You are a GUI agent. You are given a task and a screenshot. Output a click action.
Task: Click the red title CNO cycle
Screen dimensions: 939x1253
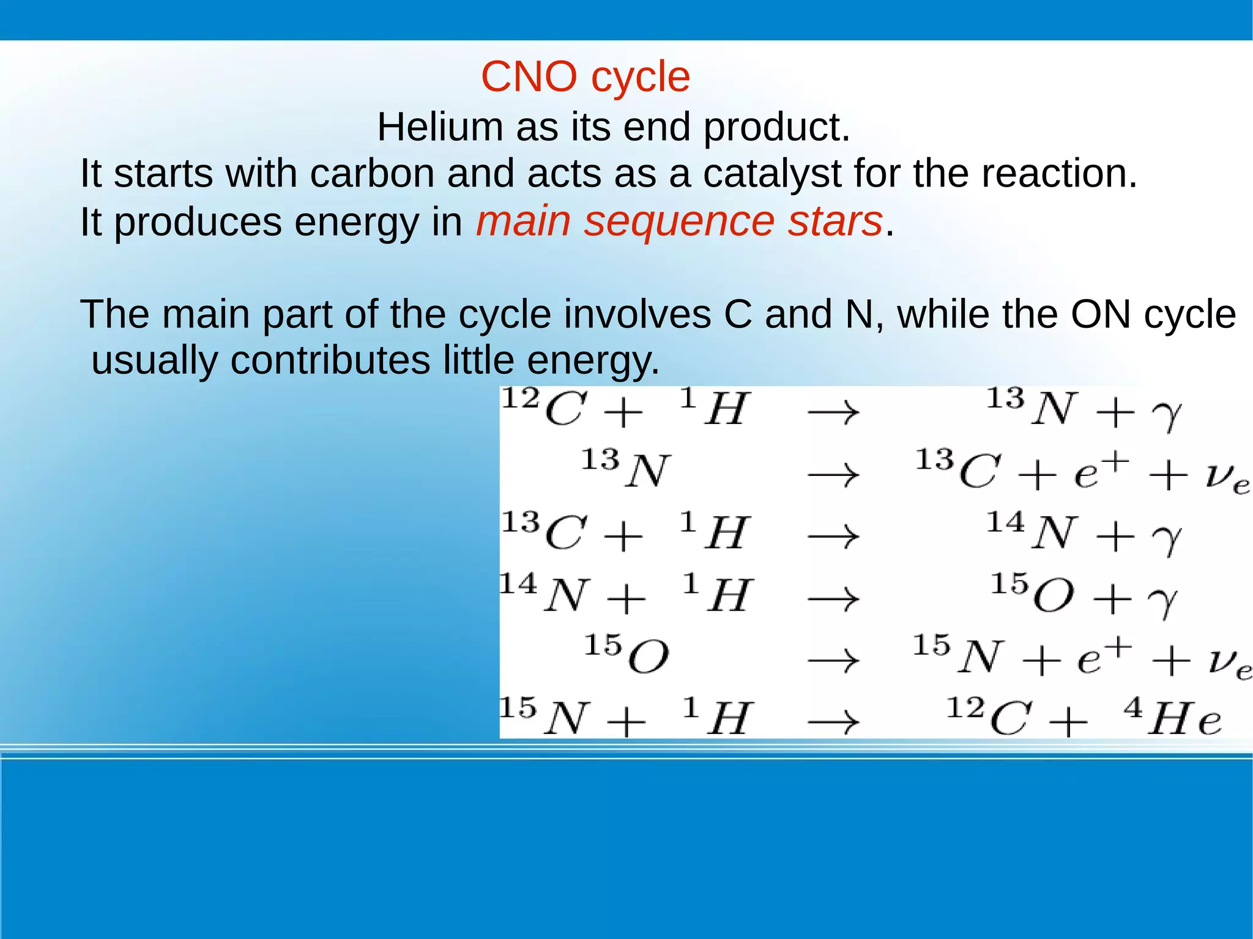point(585,77)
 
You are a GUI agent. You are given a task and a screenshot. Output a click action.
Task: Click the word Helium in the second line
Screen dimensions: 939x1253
point(441,127)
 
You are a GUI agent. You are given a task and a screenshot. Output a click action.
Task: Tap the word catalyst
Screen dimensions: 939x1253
point(772,174)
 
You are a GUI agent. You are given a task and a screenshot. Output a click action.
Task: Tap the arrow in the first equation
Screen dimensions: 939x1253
point(833,412)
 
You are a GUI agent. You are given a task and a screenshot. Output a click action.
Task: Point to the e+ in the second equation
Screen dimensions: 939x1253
point(1100,470)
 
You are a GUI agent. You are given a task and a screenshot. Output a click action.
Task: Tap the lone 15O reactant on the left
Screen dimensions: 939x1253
point(626,655)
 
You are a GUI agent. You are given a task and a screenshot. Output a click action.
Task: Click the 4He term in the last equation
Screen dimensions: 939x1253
point(1172,718)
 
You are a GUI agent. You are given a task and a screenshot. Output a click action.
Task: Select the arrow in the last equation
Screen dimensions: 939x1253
point(833,722)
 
